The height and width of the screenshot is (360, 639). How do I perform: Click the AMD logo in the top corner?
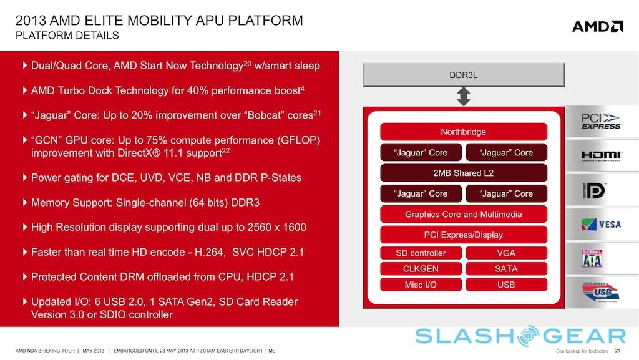[597, 26]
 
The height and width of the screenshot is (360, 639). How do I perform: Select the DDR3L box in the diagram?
[464, 75]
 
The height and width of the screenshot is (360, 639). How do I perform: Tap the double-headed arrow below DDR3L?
[464, 96]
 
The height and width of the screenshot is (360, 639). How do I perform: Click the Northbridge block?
[463, 132]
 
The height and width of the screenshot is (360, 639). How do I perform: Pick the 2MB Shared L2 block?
[463, 173]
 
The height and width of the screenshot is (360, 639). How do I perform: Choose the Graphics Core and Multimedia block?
[463, 214]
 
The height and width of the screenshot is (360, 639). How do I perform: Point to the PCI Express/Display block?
[463, 235]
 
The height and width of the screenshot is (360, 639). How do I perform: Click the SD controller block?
[421, 253]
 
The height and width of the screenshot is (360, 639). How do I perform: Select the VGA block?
[506, 253]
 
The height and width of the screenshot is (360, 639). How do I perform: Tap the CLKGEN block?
[421, 269]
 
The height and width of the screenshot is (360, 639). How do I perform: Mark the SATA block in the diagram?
[506, 269]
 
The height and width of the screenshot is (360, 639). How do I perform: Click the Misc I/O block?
[421, 285]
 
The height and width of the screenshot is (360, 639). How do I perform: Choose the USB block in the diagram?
[506, 285]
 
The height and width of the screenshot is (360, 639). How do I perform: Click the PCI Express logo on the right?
[600, 121]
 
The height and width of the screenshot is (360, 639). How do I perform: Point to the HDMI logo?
[601, 155]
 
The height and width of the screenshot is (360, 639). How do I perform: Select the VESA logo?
[601, 224]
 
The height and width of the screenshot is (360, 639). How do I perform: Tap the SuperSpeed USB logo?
[600, 293]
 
